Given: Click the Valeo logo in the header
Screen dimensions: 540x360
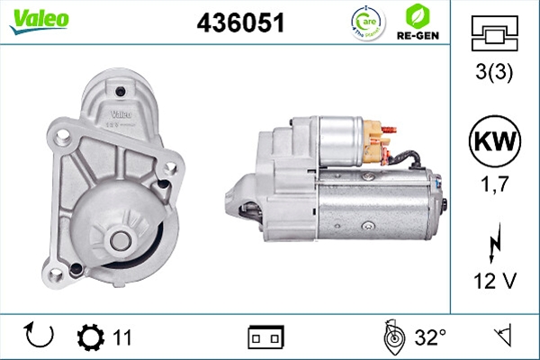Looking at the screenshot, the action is [x=40, y=21].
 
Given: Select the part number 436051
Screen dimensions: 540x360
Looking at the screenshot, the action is [x=240, y=22].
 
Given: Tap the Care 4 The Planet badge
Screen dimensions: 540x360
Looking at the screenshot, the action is [x=368, y=22].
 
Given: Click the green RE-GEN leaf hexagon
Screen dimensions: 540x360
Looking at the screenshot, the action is [x=418, y=16].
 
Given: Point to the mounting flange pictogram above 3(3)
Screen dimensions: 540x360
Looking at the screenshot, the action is [x=494, y=33].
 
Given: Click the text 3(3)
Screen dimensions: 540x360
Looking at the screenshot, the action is [x=494, y=72].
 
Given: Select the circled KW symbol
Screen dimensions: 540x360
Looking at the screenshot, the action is [x=495, y=141].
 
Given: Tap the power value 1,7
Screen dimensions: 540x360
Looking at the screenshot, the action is [x=495, y=184].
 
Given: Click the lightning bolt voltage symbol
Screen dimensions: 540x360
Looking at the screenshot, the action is [x=494, y=242].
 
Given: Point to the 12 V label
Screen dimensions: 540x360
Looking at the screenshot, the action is [x=495, y=281].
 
